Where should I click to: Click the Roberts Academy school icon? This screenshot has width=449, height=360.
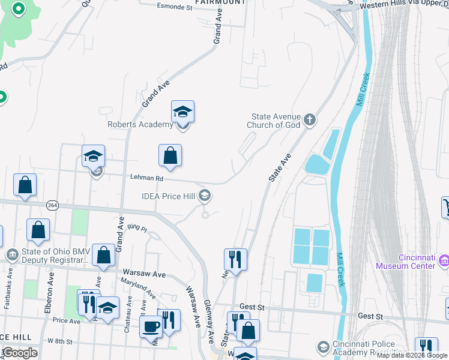(x=182, y=112)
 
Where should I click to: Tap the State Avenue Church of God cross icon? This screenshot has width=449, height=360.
(x=310, y=119)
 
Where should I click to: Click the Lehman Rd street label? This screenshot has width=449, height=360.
(x=147, y=178)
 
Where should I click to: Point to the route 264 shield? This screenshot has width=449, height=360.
(x=52, y=205)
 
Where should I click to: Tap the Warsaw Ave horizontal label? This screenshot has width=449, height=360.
(x=143, y=274)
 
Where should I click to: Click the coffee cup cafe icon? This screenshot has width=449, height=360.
(x=149, y=327)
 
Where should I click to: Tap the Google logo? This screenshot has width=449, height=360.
(x=20, y=353)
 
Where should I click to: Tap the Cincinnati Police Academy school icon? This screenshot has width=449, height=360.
(x=324, y=347)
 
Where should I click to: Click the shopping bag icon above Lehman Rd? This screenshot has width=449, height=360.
(x=170, y=155)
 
